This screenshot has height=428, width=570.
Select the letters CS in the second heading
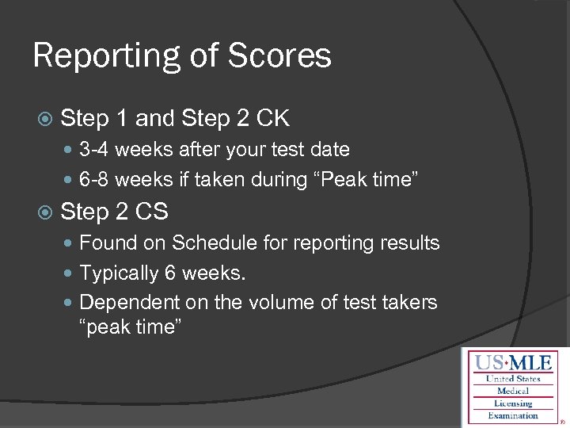pyautogui.click(x=153, y=212)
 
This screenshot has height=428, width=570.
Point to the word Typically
pyautogui.click(x=119, y=273)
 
